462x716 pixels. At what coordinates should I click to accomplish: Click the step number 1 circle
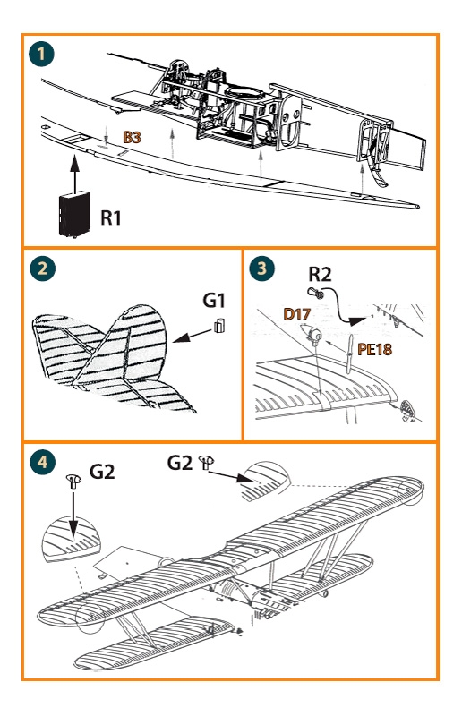point(41,54)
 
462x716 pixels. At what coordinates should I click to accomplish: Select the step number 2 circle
point(42,268)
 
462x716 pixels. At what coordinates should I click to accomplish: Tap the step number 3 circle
point(261,268)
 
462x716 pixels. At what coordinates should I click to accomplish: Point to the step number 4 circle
point(42,462)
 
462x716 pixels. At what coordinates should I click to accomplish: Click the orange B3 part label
point(133,137)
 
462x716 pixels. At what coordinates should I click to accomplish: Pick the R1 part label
point(111,217)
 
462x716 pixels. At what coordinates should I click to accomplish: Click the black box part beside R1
point(74,213)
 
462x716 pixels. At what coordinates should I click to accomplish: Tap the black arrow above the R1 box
point(74,172)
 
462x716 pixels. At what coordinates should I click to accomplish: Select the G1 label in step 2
point(214,300)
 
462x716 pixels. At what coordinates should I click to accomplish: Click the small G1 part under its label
point(219,325)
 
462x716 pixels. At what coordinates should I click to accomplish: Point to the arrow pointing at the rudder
point(192,336)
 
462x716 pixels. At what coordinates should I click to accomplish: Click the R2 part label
point(320,275)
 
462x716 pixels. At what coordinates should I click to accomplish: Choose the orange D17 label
point(297,314)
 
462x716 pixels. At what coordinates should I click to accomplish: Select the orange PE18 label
point(375,349)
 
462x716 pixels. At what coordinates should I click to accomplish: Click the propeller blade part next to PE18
point(349,354)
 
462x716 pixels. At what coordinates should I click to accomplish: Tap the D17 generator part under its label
point(311,334)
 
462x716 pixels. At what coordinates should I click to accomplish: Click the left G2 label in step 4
point(102,472)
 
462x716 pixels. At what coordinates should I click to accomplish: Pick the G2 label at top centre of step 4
point(180,463)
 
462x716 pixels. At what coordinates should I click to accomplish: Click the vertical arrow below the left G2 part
point(73,516)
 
